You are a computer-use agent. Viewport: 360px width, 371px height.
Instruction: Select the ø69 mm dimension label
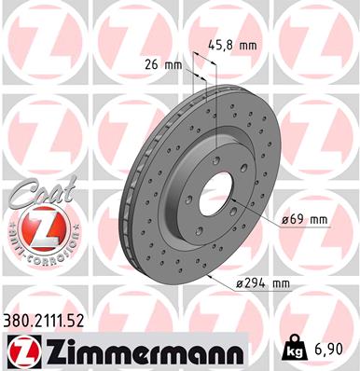[307, 219]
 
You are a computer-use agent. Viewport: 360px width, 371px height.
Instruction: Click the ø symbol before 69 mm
[285, 220]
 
